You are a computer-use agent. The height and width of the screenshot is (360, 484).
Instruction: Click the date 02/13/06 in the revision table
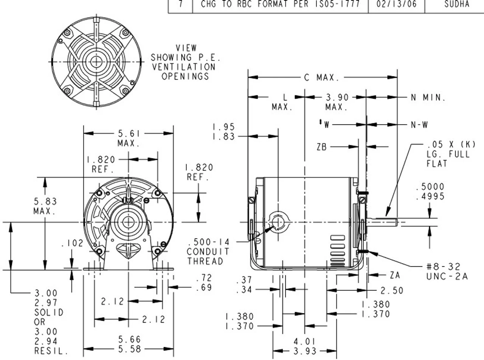[x=396, y=5]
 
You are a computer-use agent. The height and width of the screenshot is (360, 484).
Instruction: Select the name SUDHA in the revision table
[x=456, y=5]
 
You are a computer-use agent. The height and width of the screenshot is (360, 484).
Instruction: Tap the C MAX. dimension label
[x=320, y=78]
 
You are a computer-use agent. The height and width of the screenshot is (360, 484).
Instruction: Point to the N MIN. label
[x=428, y=98]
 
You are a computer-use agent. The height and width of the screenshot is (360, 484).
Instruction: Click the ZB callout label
[x=322, y=147]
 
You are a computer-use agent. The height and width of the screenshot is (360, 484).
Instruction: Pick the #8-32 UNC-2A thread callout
[x=447, y=272]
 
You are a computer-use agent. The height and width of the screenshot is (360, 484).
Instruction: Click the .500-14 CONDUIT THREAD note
[x=208, y=251]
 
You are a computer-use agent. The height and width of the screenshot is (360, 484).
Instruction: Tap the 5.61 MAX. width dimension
[x=129, y=138]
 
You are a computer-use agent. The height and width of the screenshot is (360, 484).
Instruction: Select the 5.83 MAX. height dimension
[x=45, y=206]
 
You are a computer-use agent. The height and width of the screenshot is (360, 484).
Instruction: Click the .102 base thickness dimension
[x=72, y=244]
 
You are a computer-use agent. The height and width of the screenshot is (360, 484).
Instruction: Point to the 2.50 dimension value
[x=392, y=290]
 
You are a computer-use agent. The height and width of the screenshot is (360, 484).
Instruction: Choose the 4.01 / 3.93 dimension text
[x=304, y=346]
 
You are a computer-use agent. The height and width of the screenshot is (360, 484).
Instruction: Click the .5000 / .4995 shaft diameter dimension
[x=430, y=192]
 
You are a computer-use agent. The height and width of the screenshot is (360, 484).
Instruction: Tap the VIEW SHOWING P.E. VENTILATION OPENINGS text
[x=186, y=62]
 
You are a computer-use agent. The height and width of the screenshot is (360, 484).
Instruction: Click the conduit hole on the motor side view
[x=278, y=222]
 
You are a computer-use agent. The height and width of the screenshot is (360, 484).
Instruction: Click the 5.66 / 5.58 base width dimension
[x=129, y=344]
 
